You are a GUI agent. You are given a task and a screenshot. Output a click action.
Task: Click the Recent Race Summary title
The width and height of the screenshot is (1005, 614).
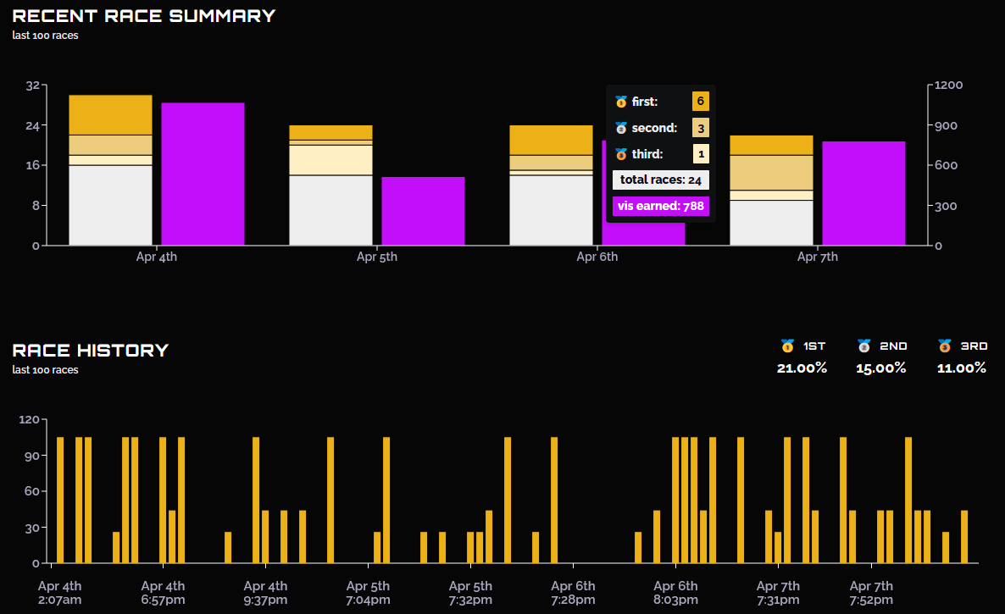(x=143, y=15)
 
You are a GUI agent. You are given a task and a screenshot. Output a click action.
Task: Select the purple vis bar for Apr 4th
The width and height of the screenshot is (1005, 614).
(x=203, y=174)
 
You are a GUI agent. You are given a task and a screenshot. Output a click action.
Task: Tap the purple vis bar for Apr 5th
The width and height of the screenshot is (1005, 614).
(x=423, y=211)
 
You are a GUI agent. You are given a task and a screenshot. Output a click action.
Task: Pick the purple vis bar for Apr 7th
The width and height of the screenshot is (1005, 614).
(x=864, y=193)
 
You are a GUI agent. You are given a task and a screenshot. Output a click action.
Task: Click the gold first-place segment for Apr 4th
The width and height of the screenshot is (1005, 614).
(x=110, y=114)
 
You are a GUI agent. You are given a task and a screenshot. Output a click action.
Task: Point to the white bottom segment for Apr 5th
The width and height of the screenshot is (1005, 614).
(x=330, y=210)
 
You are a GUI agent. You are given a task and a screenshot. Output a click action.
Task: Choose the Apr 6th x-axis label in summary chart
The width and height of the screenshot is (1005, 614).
(x=597, y=257)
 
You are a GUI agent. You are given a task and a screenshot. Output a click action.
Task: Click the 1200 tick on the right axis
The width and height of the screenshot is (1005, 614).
(x=948, y=86)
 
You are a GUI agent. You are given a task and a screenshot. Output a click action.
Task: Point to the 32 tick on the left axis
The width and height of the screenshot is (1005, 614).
(x=33, y=86)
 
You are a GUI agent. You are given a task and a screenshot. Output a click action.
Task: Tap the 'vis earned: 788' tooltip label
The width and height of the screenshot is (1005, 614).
(x=661, y=206)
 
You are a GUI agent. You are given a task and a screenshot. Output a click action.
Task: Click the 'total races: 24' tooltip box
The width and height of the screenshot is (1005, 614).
(x=661, y=180)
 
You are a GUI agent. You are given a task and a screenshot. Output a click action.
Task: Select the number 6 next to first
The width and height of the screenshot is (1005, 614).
(x=701, y=101)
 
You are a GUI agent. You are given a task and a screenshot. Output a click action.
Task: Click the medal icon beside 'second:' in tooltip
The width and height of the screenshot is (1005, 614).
(x=621, y=128)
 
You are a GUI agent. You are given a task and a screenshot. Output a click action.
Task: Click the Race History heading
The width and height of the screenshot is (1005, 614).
(x=91, y=351)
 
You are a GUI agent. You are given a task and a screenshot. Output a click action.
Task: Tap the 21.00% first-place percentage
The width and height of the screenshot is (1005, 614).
(x=802, y=368)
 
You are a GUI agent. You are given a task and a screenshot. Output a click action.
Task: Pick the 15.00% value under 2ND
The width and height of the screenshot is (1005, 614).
(x=881, y=368)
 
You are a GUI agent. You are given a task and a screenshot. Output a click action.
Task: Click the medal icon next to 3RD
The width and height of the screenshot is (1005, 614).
(x=945, y=346)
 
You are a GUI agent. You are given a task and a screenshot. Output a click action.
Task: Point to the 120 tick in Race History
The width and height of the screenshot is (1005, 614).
(x=29, y=420)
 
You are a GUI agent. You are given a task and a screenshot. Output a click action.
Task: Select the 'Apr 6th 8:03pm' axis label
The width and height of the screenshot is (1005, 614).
(x=675, y=593)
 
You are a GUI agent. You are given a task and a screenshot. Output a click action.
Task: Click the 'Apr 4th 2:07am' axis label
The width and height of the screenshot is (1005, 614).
(x=59, y=593)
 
